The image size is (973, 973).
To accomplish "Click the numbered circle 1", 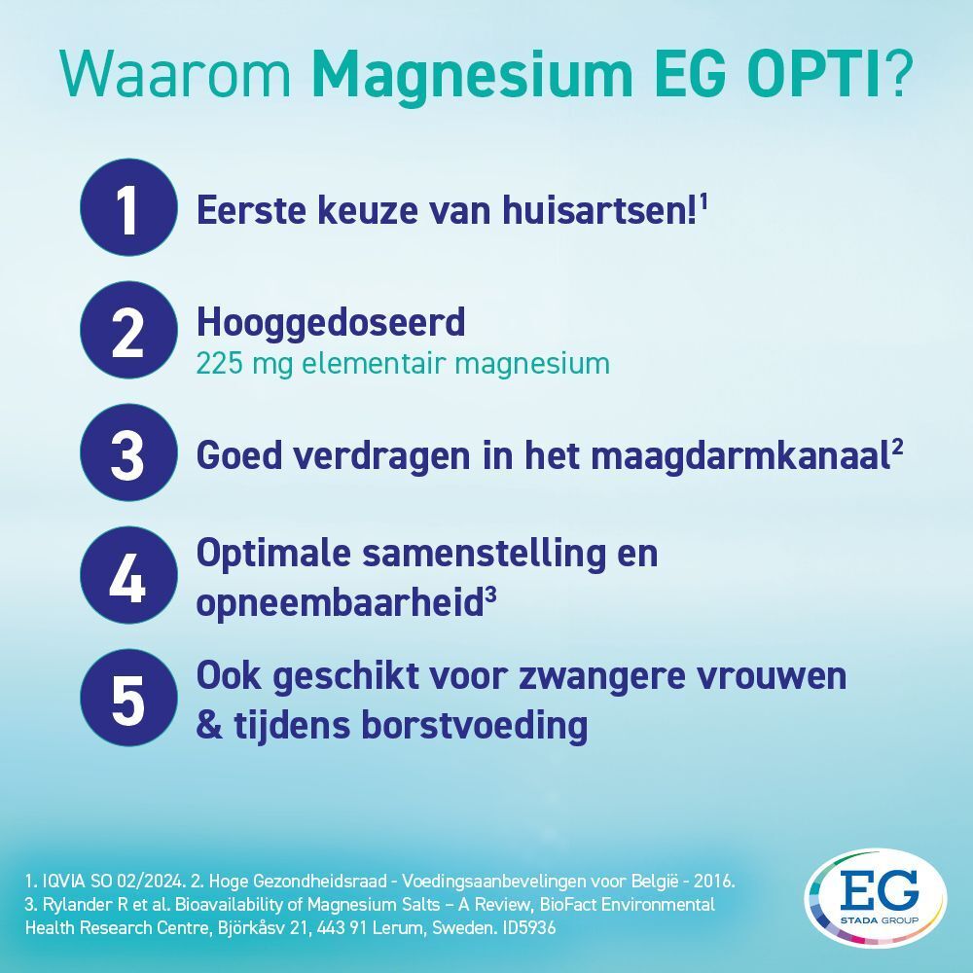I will tap(127, 209).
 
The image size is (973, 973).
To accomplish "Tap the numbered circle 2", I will tap(127, 331).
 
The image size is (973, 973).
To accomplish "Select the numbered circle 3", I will tap(127, 453).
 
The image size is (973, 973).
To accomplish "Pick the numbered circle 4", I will tap(127, 576).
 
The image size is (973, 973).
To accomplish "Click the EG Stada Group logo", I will tap(875, 901).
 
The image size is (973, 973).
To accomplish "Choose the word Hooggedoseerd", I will tap(331, 320).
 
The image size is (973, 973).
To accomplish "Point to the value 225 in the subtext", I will tap(218, 363).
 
